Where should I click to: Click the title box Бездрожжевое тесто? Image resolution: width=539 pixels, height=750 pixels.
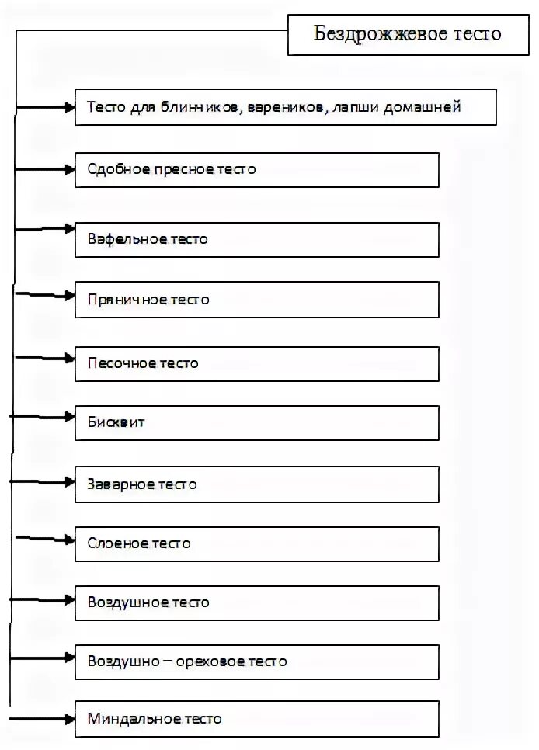408,34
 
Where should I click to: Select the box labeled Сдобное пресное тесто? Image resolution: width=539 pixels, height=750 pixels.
256,169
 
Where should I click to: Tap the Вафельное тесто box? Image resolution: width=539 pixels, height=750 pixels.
256,239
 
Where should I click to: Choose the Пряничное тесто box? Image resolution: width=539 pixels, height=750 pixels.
256,300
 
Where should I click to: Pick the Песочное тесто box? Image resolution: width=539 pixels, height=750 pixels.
256,363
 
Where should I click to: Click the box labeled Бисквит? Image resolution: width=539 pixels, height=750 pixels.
256,423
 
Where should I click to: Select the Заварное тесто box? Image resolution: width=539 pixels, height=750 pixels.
256,484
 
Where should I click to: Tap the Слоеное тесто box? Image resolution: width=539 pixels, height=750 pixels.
256,543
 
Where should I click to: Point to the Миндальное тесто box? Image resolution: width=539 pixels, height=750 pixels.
256,719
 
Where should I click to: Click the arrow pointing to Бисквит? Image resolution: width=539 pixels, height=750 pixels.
43,417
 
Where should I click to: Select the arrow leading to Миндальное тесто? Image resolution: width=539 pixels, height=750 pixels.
43,719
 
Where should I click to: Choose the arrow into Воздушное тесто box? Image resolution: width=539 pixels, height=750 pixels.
43,600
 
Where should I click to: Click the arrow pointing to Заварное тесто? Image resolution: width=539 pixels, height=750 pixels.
43,481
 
